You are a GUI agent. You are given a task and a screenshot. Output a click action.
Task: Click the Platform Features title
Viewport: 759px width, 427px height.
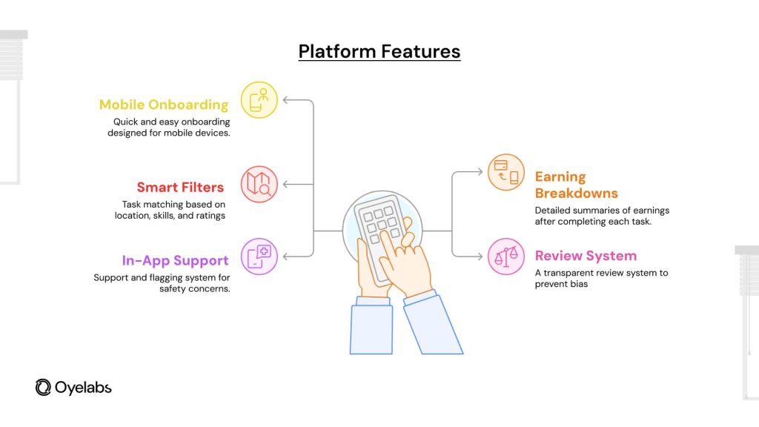(x=379, y=51)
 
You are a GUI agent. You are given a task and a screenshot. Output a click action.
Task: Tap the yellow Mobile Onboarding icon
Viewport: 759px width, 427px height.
(x=259, y=100)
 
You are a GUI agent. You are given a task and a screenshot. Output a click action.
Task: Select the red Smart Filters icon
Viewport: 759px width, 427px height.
(x=259, y=185)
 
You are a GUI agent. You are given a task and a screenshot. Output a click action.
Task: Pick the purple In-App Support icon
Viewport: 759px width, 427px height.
(x=259, y=256)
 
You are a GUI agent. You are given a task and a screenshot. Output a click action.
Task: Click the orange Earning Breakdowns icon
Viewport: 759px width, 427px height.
(x=506, y=172)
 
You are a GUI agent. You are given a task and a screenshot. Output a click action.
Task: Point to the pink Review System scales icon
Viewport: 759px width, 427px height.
(x=506, y=256)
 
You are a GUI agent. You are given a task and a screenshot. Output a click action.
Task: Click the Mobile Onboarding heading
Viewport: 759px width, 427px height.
(x=164, y=105)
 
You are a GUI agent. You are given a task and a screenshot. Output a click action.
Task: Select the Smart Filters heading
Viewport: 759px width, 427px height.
(x=180, y=188)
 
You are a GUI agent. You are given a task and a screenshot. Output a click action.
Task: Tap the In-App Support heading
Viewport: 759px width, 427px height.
(x=175, y=260)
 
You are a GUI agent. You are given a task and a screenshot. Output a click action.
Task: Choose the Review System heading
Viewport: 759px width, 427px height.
(x=586, y=256)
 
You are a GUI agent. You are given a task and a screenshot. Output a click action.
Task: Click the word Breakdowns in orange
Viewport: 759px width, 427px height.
(x=577, y=193)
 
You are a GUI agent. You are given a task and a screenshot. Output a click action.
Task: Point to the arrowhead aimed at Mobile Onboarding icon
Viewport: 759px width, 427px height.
(x=286, y=100)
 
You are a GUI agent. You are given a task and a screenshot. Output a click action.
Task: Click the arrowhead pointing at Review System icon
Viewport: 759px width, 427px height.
(x=480, y=256)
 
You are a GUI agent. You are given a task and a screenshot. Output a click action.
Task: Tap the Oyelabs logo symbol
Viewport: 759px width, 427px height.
(x=43, y=387)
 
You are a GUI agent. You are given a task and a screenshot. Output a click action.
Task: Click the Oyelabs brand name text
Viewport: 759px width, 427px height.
(x=83, y=388)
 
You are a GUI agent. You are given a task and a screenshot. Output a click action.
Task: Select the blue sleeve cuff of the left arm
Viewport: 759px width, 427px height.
(x=374, y=301)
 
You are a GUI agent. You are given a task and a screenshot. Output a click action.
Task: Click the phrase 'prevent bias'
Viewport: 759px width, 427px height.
(x=561, y=284)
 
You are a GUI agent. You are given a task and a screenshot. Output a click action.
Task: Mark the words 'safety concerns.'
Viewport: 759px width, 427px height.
(x=195, y=288)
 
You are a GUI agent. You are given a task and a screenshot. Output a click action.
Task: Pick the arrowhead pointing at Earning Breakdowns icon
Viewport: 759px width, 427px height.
(x=480, y=172)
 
